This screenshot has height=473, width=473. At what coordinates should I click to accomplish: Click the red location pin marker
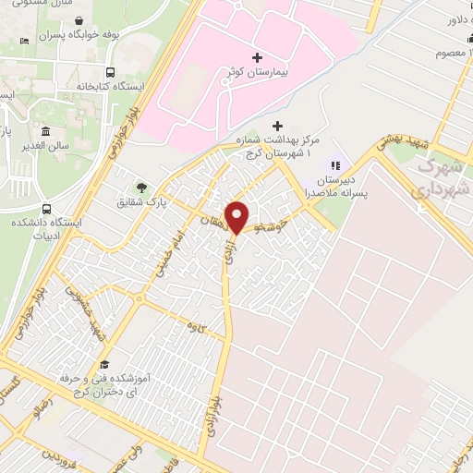pyautogui.click(x=237, y=216)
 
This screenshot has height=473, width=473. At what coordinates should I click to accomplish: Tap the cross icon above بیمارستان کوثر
pyautogui.click(x=257, y=57)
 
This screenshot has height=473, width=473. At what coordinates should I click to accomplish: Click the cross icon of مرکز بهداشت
pyautogui.click(x=278, y=126)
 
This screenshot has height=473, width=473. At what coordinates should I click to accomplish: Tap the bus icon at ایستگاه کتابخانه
pyautogui.click(x=111, y=72)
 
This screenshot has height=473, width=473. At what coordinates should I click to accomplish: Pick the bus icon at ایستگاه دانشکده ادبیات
pyautogui.click(x=46, y=209)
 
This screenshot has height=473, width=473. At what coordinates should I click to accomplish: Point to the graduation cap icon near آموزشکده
pyautogui.click(x=104, y=363)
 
